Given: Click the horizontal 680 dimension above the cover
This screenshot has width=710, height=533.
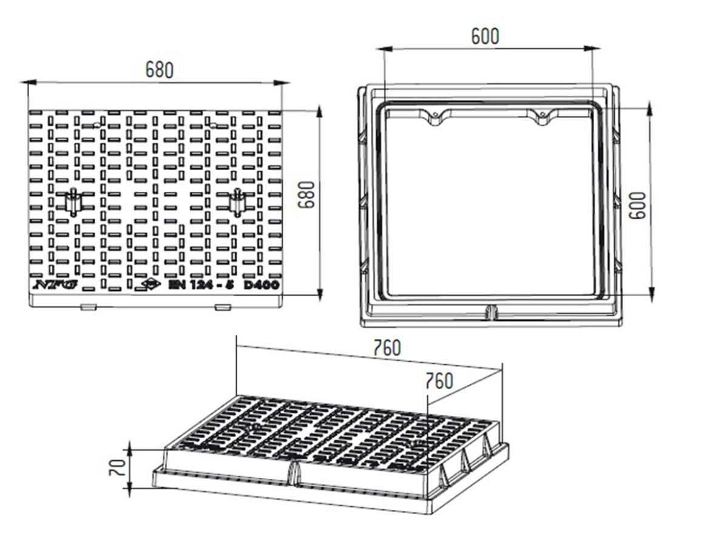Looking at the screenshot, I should click(x=160, y=70).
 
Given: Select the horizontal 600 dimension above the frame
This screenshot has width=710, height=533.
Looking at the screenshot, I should click(x=485, y=36).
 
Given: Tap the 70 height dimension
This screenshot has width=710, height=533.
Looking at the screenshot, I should click(x=119, y=467).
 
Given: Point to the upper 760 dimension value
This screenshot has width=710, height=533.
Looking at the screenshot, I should click(x=387, y=348).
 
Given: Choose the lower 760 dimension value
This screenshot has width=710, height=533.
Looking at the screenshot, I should click(x=439, y=381).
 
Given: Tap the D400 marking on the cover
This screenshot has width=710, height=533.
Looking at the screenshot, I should click(x=262, y=285).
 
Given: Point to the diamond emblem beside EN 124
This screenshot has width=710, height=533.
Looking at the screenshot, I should click(x=150, y=284).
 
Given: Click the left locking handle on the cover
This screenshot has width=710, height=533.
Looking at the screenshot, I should click(x=72, y=202).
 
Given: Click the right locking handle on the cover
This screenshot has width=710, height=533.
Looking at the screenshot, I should click(x=237, y=202).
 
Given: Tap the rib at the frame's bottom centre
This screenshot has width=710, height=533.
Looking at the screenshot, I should click(x=492, y=312).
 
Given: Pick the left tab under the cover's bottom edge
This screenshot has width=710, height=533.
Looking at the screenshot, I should click(x=88, y=307).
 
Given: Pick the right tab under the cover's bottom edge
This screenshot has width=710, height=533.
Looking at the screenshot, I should click(x=222, y=307).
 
